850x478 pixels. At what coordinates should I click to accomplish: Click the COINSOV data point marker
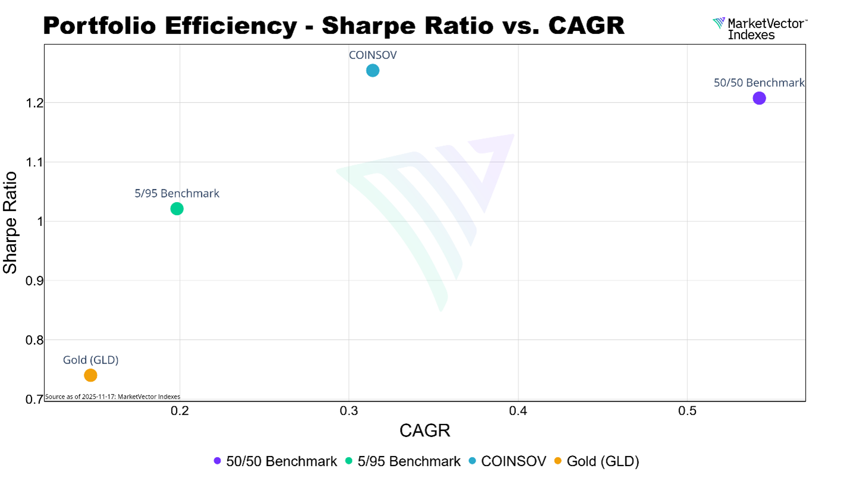(x=373, y=71)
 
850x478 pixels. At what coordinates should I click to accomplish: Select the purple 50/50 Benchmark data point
(x=759, y=98)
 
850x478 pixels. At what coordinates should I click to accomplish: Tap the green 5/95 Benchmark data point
(x=177, y=209)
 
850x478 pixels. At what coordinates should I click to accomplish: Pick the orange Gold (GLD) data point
(x=90, y=375)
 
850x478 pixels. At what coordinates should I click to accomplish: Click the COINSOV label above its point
(x=373, y=55)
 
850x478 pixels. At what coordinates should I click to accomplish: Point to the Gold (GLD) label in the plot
(x=91, y=360)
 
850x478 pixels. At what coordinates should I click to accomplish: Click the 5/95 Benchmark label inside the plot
(x=177, y=193)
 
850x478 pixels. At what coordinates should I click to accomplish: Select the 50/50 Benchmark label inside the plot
(x=759, y=83)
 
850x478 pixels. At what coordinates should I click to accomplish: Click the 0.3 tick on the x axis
(x=349, y=411)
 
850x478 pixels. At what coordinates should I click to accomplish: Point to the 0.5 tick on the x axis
(x=687, y=411)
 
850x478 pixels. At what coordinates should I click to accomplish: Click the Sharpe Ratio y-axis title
(x=11, y=222)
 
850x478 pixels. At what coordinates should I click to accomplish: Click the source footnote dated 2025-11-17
(x=112, y=397)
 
